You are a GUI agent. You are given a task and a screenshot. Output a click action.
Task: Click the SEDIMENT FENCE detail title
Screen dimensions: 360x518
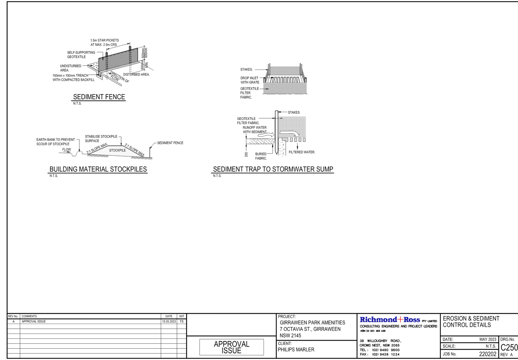99,97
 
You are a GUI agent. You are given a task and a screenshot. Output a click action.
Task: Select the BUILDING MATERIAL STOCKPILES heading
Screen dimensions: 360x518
98,169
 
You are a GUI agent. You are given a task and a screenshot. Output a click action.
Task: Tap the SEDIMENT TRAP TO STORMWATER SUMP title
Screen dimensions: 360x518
273,169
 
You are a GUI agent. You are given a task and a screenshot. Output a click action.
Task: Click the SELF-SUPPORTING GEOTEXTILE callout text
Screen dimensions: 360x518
81,55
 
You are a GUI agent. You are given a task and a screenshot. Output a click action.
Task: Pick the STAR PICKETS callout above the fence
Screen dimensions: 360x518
104,42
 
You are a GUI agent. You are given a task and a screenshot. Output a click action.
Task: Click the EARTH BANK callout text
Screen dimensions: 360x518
55,142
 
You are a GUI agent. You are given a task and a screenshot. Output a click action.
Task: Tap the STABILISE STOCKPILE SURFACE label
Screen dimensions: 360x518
101,138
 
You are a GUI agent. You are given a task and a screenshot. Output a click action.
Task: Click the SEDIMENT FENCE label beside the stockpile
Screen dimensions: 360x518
170,143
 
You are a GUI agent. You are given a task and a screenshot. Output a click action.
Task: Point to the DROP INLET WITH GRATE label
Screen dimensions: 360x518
250,80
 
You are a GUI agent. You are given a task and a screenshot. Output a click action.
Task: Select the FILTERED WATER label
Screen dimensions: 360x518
301,152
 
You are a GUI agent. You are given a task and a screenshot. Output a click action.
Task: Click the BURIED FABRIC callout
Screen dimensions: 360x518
261,156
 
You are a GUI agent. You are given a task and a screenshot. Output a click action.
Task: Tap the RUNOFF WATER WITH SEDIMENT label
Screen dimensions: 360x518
255,130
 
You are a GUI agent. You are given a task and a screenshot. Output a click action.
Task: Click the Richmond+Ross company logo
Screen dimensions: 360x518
390,320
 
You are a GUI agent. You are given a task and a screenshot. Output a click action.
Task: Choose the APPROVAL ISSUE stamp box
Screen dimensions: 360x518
232,347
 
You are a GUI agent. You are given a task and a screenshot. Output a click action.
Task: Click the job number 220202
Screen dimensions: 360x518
487,354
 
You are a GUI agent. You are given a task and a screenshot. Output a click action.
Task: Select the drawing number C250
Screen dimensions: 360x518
509,347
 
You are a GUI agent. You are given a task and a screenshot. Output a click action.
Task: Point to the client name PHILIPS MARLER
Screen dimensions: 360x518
296,349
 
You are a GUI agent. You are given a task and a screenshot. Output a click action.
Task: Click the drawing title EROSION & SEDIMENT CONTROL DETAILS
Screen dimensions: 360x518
471,321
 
